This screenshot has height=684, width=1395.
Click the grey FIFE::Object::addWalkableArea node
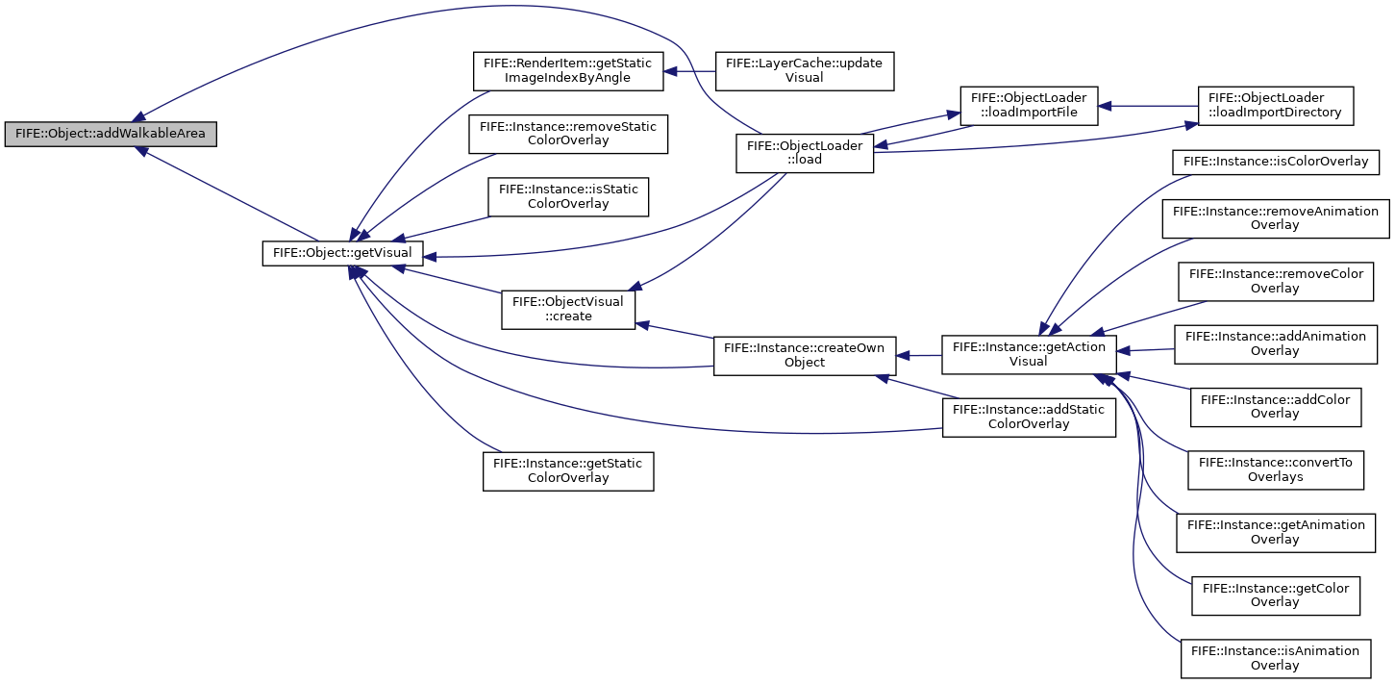(111, 134)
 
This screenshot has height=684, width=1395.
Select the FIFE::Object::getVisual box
(342, 253)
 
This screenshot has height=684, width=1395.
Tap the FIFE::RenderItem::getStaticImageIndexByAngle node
(568, 71)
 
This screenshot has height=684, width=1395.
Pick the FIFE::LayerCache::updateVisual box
(805, 71)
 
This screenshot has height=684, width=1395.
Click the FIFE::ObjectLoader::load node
(805, 153)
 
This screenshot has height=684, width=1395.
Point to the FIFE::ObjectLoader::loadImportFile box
(1029, 106)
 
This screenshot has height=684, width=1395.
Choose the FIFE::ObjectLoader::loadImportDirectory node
(1276, 106)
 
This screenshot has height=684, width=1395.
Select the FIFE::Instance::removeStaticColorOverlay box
(568, 134)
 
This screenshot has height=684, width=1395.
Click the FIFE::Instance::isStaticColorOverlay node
(568, 197)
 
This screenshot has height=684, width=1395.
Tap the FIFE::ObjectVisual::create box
(568, 310)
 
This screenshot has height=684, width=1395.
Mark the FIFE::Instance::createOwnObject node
(805, 356)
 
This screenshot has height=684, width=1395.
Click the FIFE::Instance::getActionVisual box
(1029, 355)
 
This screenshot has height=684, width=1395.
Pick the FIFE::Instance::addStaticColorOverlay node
(1029, 418)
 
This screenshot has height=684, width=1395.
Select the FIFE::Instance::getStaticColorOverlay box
(568, 471)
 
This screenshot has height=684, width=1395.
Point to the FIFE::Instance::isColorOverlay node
(1276, 162)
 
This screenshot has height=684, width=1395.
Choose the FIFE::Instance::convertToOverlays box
(1276, 470)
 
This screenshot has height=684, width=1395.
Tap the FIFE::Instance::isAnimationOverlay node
(1276, 658)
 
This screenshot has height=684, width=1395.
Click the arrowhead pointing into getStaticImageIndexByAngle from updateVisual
(670, 71)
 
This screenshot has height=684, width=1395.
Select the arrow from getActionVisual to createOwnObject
(918, 356)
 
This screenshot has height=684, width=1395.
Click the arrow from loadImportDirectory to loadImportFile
(1148, 106)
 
